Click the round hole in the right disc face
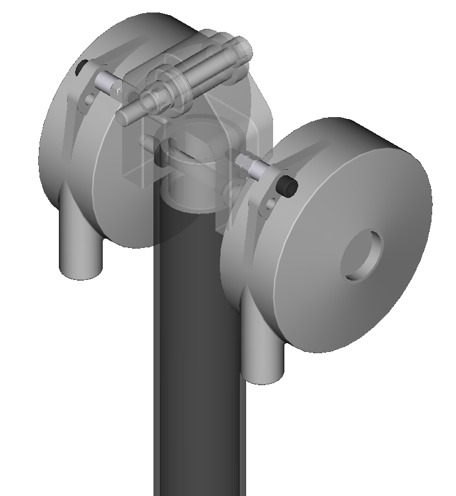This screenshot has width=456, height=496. tap(362, 256)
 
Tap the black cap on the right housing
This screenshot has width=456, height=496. tap(288, 185)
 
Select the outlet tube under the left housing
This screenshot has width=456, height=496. tap(81, 251)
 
